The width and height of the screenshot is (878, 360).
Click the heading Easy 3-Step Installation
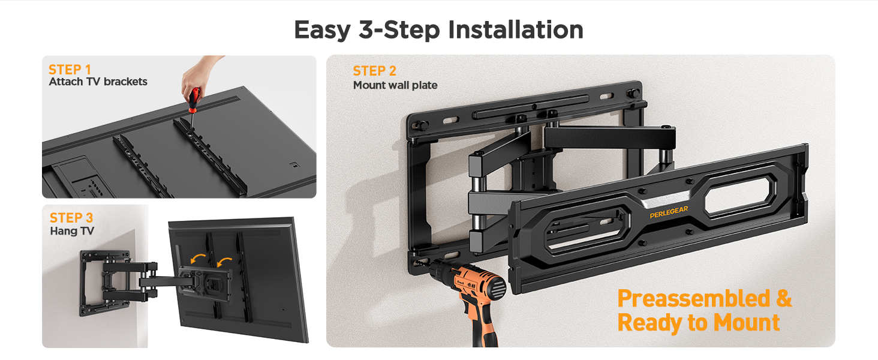click(x=438, y=29)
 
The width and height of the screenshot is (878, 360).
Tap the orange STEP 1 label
click(x=70, y=69)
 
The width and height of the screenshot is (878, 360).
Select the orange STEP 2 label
click(x=374, y=71)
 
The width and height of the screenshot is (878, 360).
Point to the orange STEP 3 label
click(x=71, y=217)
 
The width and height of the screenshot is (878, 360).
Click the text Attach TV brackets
click(x=98, y=82)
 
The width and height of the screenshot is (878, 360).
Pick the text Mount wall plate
click(x=395, y=85)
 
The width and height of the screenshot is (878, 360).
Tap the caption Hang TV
click(x=72, y=231)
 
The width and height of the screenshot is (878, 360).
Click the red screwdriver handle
click(x=194, y=100)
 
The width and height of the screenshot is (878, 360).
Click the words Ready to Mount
click(x=699, y=323)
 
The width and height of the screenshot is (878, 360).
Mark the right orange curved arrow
click(x=225, y=262)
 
